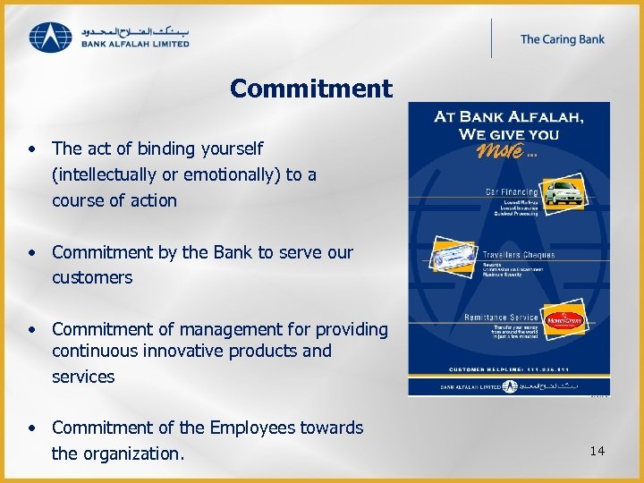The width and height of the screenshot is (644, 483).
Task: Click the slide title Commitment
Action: [x=310, y=89]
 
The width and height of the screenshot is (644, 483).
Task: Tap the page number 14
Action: [x=597, y=451]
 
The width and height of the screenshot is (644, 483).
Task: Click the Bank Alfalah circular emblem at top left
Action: [x=49, y=37]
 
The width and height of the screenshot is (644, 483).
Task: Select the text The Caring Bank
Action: [x=562, y=38]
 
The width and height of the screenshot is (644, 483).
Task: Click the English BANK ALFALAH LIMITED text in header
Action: [x=135, y=43]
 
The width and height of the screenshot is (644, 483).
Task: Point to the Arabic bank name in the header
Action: [x=135, y=29]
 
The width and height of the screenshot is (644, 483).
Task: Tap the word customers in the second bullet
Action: [x=92, y=277]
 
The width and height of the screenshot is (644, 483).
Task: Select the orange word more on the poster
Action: [x=502, y=151]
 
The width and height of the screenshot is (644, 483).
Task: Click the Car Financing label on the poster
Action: [x=511, y=191]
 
